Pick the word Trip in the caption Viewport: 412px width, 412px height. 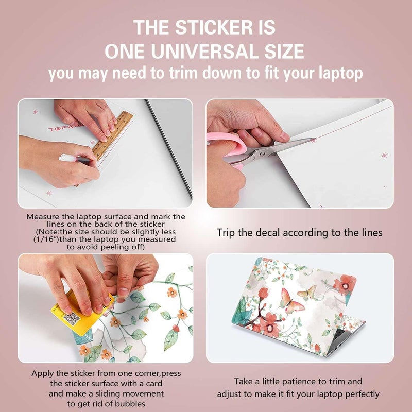227,233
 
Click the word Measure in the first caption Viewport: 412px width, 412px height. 44,217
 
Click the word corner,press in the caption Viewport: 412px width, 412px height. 156,373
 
